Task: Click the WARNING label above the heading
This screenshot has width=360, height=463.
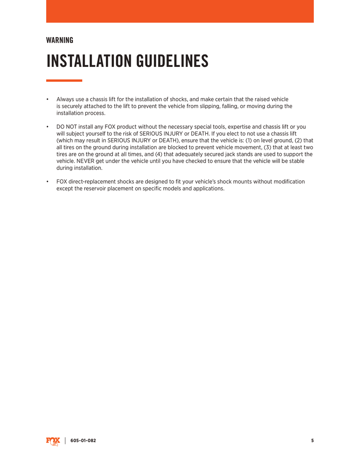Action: click(x=60, y=40)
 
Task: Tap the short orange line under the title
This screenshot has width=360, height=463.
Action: click(x=64, y=80)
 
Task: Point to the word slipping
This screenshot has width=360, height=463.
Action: click(x=231, y=106)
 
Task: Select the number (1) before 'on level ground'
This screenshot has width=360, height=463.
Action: click(x=250, y=141)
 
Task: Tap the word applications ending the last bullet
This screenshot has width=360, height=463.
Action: click(x=208, y=189)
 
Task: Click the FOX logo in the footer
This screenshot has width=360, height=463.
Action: click(x=53, y=441)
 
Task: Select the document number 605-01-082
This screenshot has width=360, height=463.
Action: click(x=83, y=441)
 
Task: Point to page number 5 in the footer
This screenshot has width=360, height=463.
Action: click(x=312, y=441)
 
